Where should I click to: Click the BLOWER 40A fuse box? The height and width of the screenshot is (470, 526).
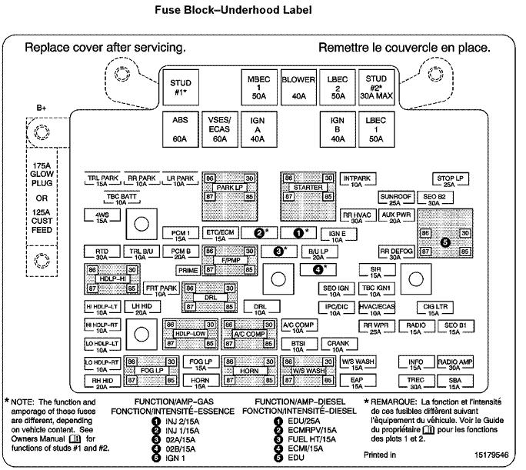pos(299,88)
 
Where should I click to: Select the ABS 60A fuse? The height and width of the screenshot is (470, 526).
pos(180,129)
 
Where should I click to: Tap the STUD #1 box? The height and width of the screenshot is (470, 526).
pos(180,88)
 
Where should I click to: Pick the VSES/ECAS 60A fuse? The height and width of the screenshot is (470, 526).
pos(219,129)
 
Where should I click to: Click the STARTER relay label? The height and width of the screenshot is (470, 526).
pos(308,187)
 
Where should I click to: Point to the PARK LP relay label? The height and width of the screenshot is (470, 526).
pos(229,187)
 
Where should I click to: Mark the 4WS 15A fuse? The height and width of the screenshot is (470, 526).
pos(102,216)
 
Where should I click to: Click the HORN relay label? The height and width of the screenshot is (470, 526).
pos(249,371)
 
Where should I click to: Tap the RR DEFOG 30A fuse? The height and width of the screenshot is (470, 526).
pos(395,254)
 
